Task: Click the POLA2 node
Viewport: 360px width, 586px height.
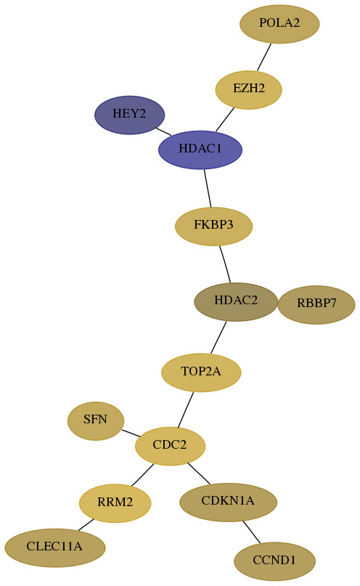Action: point(279,24)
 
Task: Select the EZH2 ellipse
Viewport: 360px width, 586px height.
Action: point(248,90)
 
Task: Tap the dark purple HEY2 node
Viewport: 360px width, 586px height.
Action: point(129,115)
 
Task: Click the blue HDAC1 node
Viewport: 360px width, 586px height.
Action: point(200,150)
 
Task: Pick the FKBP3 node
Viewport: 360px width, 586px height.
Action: point(213,226)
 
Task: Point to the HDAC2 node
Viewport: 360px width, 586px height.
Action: point(236,301)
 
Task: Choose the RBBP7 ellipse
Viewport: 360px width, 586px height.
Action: point(316,304)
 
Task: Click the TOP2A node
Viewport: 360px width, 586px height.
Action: point(201,373)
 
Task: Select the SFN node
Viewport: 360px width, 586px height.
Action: point(96,421)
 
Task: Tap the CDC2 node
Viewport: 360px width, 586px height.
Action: point(170,446)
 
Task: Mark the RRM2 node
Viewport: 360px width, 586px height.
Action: point(115,503)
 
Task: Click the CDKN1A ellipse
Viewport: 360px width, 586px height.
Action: point(228,502)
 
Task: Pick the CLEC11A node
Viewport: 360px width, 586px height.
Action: point(55,548)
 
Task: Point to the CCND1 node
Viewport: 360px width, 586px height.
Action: point(274,561)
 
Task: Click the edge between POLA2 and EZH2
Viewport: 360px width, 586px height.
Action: point(264,57)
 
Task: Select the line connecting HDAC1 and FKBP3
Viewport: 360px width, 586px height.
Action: point(208,188)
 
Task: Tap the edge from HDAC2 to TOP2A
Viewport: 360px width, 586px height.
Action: point(218,337)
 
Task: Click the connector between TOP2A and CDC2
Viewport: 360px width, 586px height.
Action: point(186,410)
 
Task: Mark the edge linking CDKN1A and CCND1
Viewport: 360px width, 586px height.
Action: point(251,532)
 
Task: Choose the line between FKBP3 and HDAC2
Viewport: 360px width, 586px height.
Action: point(225,264)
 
